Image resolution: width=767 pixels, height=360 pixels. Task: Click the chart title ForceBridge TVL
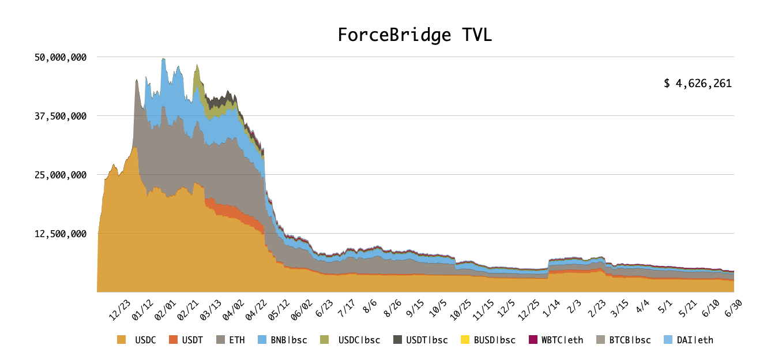click(415, 36)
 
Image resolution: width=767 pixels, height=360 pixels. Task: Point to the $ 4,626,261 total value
click(697, 84)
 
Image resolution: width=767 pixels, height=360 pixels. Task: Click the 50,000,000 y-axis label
click(60, 57)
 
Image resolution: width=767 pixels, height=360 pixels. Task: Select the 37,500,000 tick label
click(60, 116)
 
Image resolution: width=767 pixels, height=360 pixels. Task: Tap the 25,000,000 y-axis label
click(60, 175)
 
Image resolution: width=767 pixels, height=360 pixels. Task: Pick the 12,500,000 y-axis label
click(60, 234)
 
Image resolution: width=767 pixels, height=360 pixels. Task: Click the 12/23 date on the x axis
click(121, 310)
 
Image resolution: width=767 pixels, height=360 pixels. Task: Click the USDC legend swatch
click(121, 340)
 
